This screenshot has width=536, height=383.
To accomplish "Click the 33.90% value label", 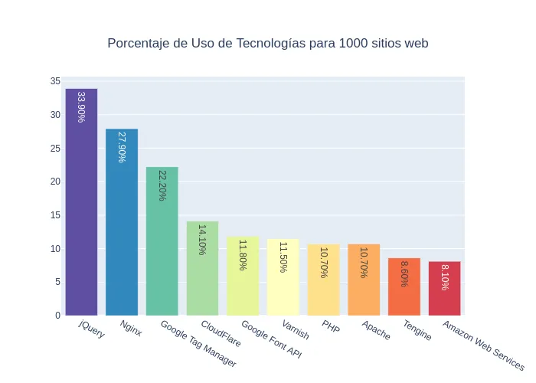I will pos(81,106).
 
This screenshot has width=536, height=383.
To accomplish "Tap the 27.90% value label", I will pos(122,146).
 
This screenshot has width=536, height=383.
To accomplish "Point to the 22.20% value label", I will pos(162,185).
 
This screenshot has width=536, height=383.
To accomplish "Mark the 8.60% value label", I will pos(404,273).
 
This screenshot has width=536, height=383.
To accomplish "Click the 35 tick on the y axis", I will pos(55,81).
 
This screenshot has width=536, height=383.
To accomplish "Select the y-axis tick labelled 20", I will pos(55,182).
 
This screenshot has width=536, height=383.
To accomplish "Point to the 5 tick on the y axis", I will pos(57,282).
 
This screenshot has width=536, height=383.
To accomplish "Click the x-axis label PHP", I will pos(330,329).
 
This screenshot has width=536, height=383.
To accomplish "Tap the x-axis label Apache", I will pos(375,331).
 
